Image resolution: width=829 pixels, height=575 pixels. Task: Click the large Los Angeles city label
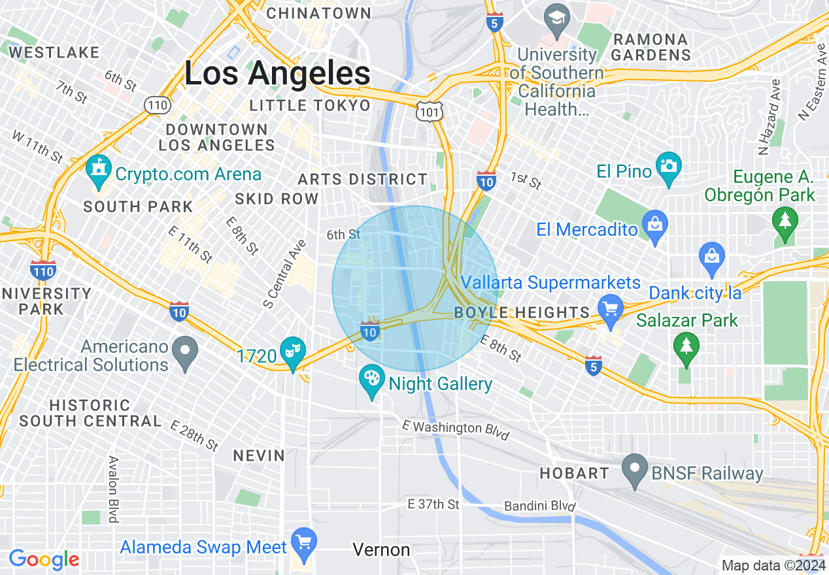coord(277,73)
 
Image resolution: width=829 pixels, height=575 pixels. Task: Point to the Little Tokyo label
coord(310,105)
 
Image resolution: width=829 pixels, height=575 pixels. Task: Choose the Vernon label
coord(381,550)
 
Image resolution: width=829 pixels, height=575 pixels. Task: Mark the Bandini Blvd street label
coord(539,506)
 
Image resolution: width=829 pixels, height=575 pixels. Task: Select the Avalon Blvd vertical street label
coord(112,489)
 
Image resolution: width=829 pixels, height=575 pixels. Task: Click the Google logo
coord(44,560)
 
